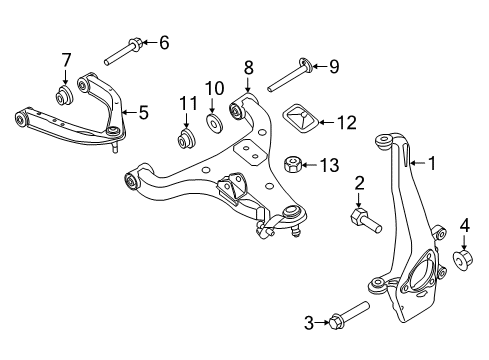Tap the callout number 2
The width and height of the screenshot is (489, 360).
357,184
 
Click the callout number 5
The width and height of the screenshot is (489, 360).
143,113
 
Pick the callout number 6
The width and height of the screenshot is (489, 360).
164,42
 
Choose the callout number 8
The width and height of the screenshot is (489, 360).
247,69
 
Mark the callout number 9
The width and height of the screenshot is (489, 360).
334,68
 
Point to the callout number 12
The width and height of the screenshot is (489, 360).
346,123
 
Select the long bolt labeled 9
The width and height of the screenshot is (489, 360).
289,71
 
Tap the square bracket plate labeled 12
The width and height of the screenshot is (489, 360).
303,120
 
